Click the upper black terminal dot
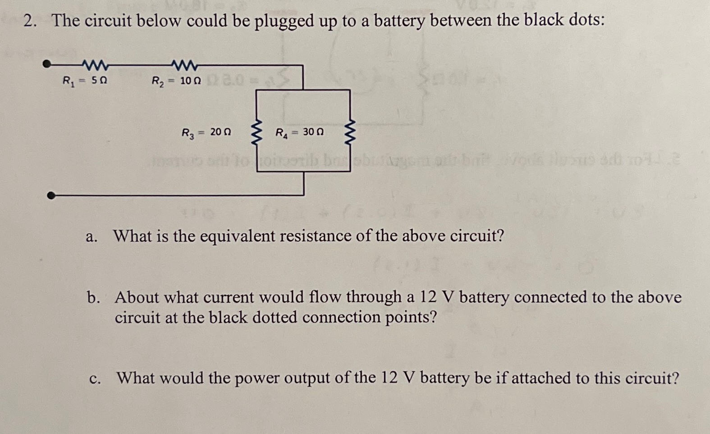coord(46,64)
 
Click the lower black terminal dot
coord(51,195)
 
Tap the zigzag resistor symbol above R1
coord(95,66)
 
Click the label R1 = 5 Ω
coord(85,82)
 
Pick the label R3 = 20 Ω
coord(206,132)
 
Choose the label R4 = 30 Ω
coord(299,132)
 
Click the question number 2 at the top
coord(30,21)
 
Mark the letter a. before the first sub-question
coord(92,236)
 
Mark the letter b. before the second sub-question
coord(94,297)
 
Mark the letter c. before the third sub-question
coord(95,378)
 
